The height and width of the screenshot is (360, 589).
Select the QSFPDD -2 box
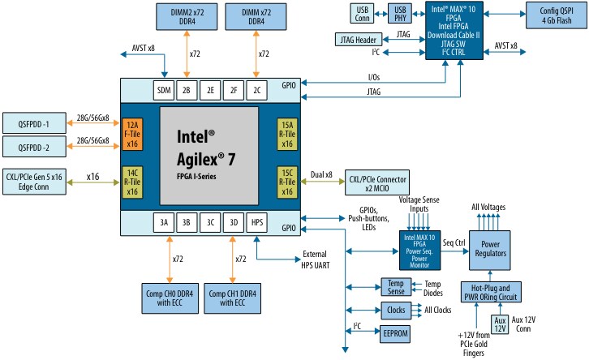click(x=35, y=148)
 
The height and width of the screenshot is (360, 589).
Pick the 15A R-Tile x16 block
click(x=287, y=134)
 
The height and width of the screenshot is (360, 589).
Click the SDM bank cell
click(x=163, y=89)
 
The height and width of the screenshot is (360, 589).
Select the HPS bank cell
click(x=256, y=221)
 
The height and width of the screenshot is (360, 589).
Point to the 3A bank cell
click(x=163, y=221)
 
